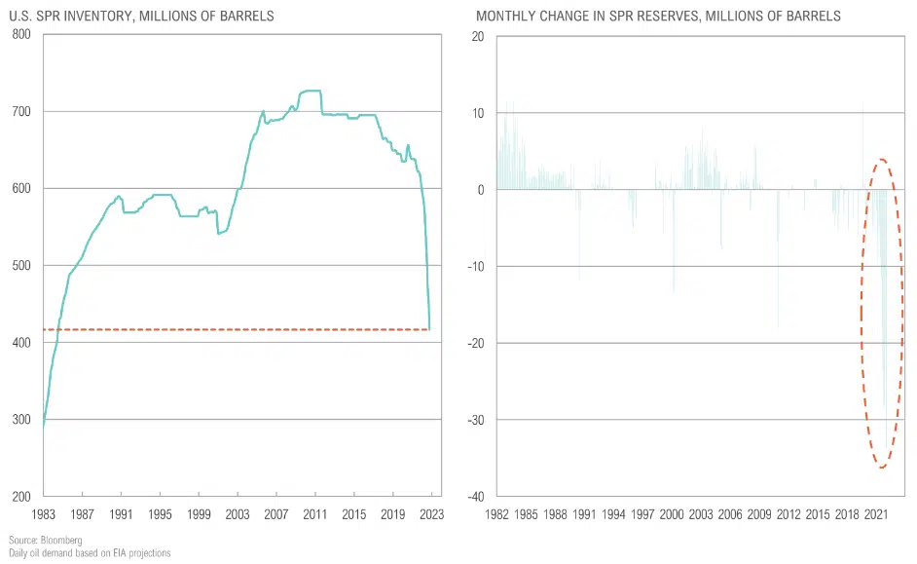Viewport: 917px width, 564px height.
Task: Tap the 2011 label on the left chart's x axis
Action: point(314,513)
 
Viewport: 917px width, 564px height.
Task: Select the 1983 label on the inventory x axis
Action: point(43,513)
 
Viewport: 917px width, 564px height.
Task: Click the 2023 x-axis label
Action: point(431,513)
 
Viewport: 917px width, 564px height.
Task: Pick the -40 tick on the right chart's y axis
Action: point(475,497)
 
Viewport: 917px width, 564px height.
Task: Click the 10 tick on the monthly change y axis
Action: point(478,113)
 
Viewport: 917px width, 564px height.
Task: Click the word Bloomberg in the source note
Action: point(60,540)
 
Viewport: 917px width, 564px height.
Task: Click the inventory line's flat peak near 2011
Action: point(310,91)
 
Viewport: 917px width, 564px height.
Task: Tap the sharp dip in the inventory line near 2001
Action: point(219,234)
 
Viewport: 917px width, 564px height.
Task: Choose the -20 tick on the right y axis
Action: point(475,343)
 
